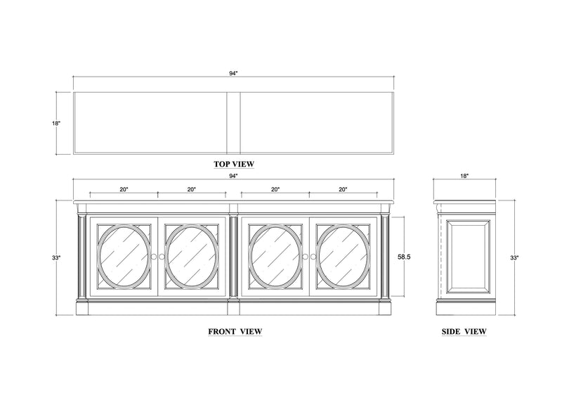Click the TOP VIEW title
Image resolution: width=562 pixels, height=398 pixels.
pyautogui.click(x=234, y=164)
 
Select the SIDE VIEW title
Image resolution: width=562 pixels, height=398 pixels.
pyautogui.click(x=464, y=330)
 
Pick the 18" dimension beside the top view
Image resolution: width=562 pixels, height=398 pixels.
pyautogui.click(x=56, y=123)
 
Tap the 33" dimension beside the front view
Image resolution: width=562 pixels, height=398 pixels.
pyautogui.click(x=56, y=258)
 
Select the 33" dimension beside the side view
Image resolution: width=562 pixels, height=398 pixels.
pyautogui.click(x=515, y=258)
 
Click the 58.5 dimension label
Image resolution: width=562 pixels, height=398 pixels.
pyautogui.click(x=403, y=257)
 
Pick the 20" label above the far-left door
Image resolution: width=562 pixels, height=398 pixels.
pyautogui.click(x=124, y=189)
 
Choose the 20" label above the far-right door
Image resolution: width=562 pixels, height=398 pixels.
pyautogui.click(x=343, y=189)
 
